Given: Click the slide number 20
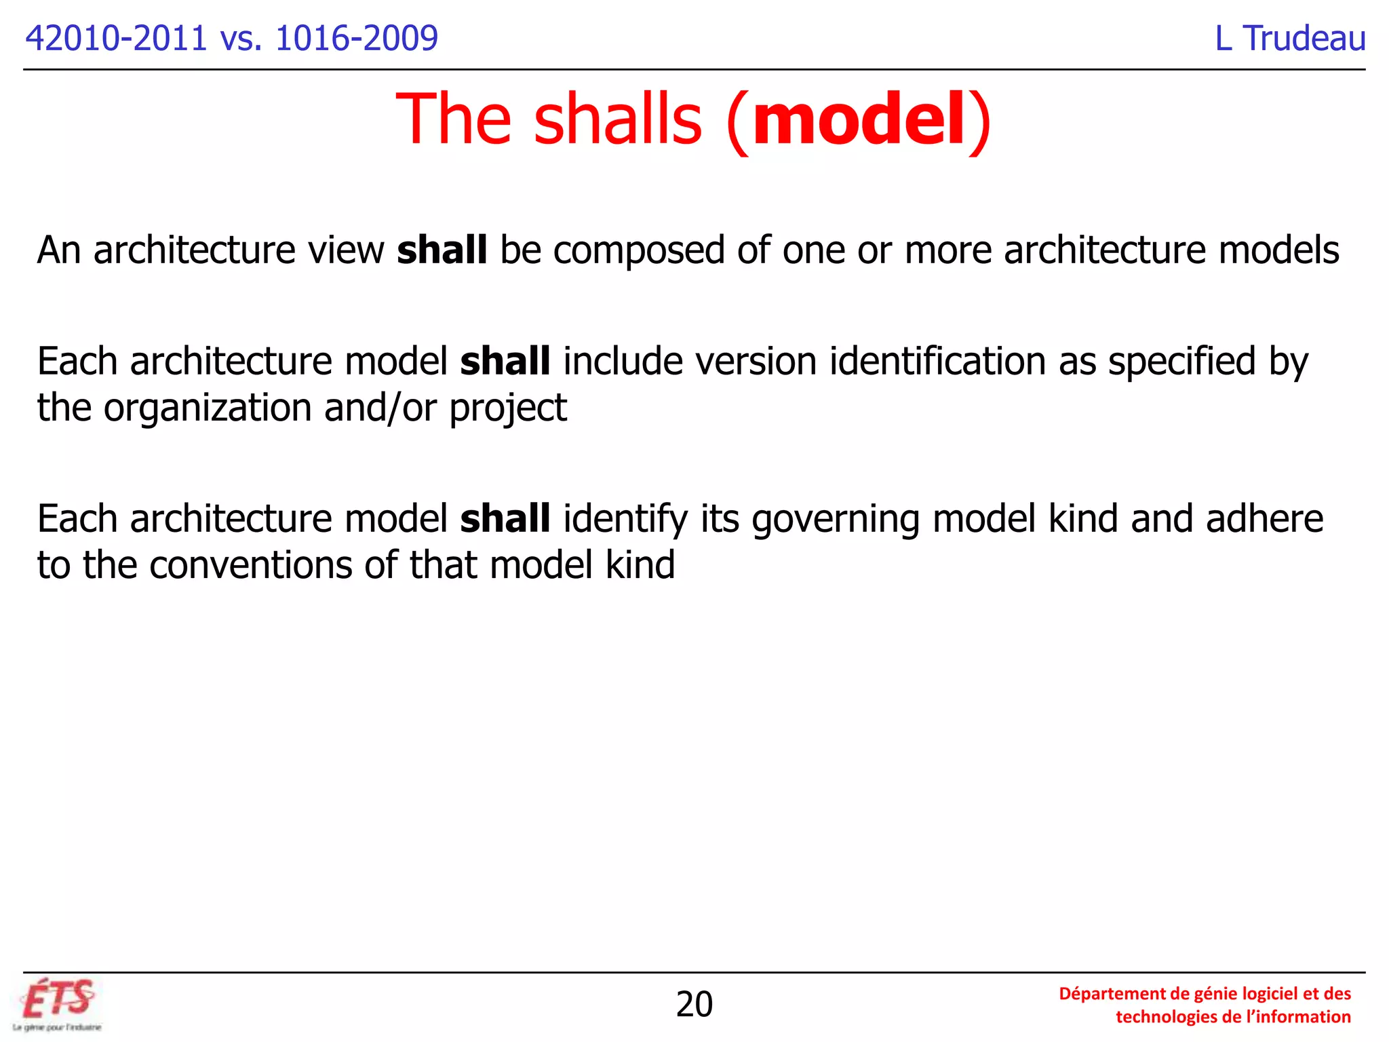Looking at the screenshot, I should (694, 1004).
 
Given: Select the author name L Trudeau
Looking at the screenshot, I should (1290, 38).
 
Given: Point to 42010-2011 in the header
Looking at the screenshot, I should (116, 38).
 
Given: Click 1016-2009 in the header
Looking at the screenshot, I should (357, 38).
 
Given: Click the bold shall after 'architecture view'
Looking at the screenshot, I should (442, 250).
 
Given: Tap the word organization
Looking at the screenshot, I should (208, 408).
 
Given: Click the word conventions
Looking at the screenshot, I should (250, 565).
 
